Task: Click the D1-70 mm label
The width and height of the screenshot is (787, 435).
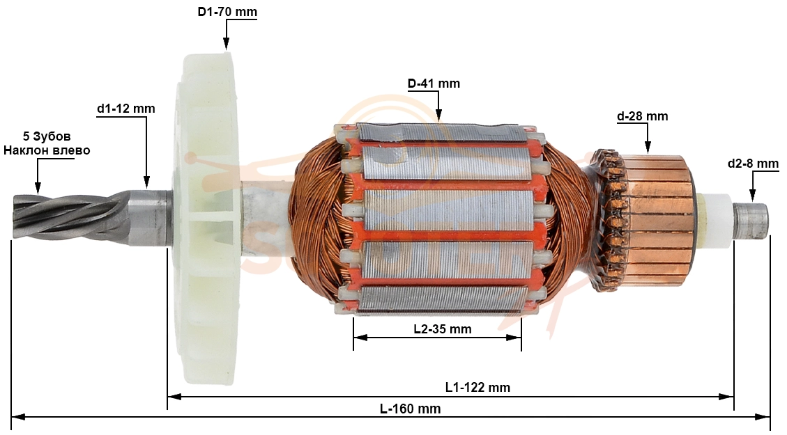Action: click(227, 12)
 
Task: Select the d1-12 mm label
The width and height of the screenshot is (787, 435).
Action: click(126, 109)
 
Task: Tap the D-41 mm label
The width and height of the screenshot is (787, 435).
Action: click(434, 84)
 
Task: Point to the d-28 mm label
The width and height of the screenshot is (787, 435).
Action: click(643, 116)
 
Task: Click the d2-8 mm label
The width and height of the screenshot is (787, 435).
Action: click(753, 164)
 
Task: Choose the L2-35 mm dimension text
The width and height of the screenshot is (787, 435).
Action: click(443, 329)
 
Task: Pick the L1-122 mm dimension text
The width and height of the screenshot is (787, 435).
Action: click(477, 387)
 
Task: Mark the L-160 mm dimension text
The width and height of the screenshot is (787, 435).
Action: click(410, 409)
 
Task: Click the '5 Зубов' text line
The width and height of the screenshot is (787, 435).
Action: click(47, 136)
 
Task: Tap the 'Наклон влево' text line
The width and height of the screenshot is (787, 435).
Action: click(47, 150)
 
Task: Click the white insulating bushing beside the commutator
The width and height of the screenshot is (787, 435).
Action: click(715, 220)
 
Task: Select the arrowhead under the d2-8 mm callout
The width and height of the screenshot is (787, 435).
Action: click(751, 196)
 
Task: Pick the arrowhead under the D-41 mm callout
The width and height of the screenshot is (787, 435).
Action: click(438, 117)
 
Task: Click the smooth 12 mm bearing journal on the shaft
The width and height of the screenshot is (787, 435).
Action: click(149, 217)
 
